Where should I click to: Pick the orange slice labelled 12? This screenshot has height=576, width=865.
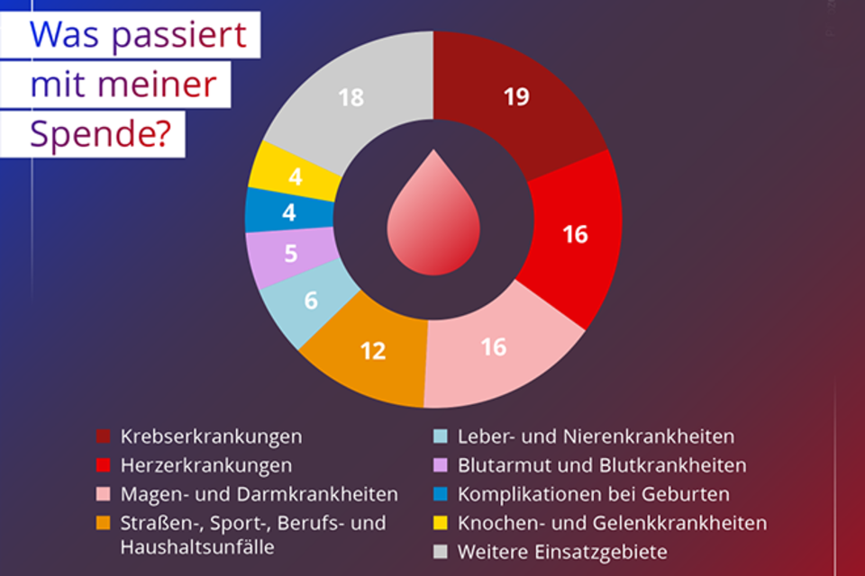[x=371, y=349]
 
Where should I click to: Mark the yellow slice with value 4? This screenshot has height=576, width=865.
[x=294, y=175]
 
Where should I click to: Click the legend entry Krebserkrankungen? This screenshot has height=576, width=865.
[x=211, y=437]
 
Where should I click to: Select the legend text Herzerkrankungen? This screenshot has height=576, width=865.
[x=206, y=466]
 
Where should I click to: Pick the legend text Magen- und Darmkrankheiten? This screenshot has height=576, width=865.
[x=259, y=494]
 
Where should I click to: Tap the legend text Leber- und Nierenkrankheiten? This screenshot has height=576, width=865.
[x=596, y=437]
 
